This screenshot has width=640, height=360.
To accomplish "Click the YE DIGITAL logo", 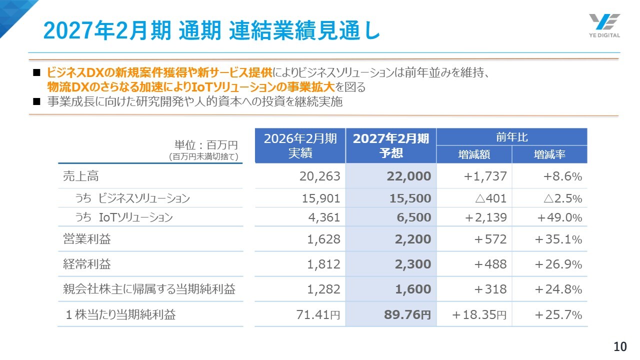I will coord(604,25).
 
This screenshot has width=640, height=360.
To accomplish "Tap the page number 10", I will coord(620,346).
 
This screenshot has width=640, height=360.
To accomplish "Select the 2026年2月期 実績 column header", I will coord(300,145).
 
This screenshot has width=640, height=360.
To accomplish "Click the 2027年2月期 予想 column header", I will coord(391,145).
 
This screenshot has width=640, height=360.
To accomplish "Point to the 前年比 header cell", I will coord(511,137).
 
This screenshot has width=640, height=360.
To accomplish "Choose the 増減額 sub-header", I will coord(474,154).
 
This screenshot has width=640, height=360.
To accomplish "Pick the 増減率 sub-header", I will coord(549,154).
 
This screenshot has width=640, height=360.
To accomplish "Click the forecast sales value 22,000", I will coord(408,176).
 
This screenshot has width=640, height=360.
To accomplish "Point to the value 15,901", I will coord(321,198).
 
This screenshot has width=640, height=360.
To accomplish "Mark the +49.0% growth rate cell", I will coord(559,217).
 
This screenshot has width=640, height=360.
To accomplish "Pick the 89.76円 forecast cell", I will coord(407,314).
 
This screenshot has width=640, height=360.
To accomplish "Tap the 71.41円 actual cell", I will coord(317,314).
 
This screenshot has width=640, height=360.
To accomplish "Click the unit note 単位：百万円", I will coord(205,145).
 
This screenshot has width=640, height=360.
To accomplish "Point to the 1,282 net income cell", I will coord(323,289).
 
